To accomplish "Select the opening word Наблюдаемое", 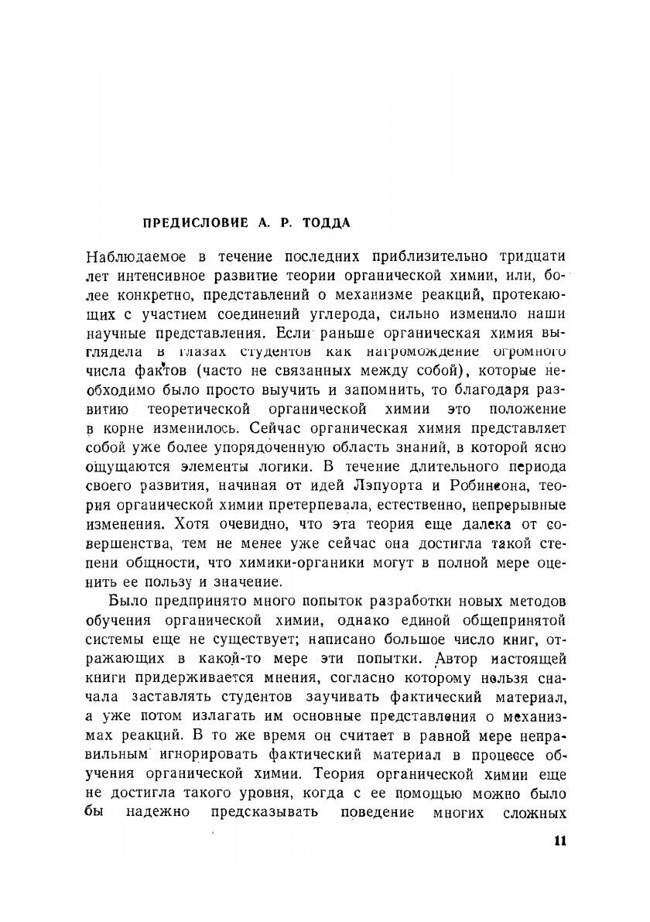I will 137,257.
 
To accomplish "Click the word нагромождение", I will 402,352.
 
